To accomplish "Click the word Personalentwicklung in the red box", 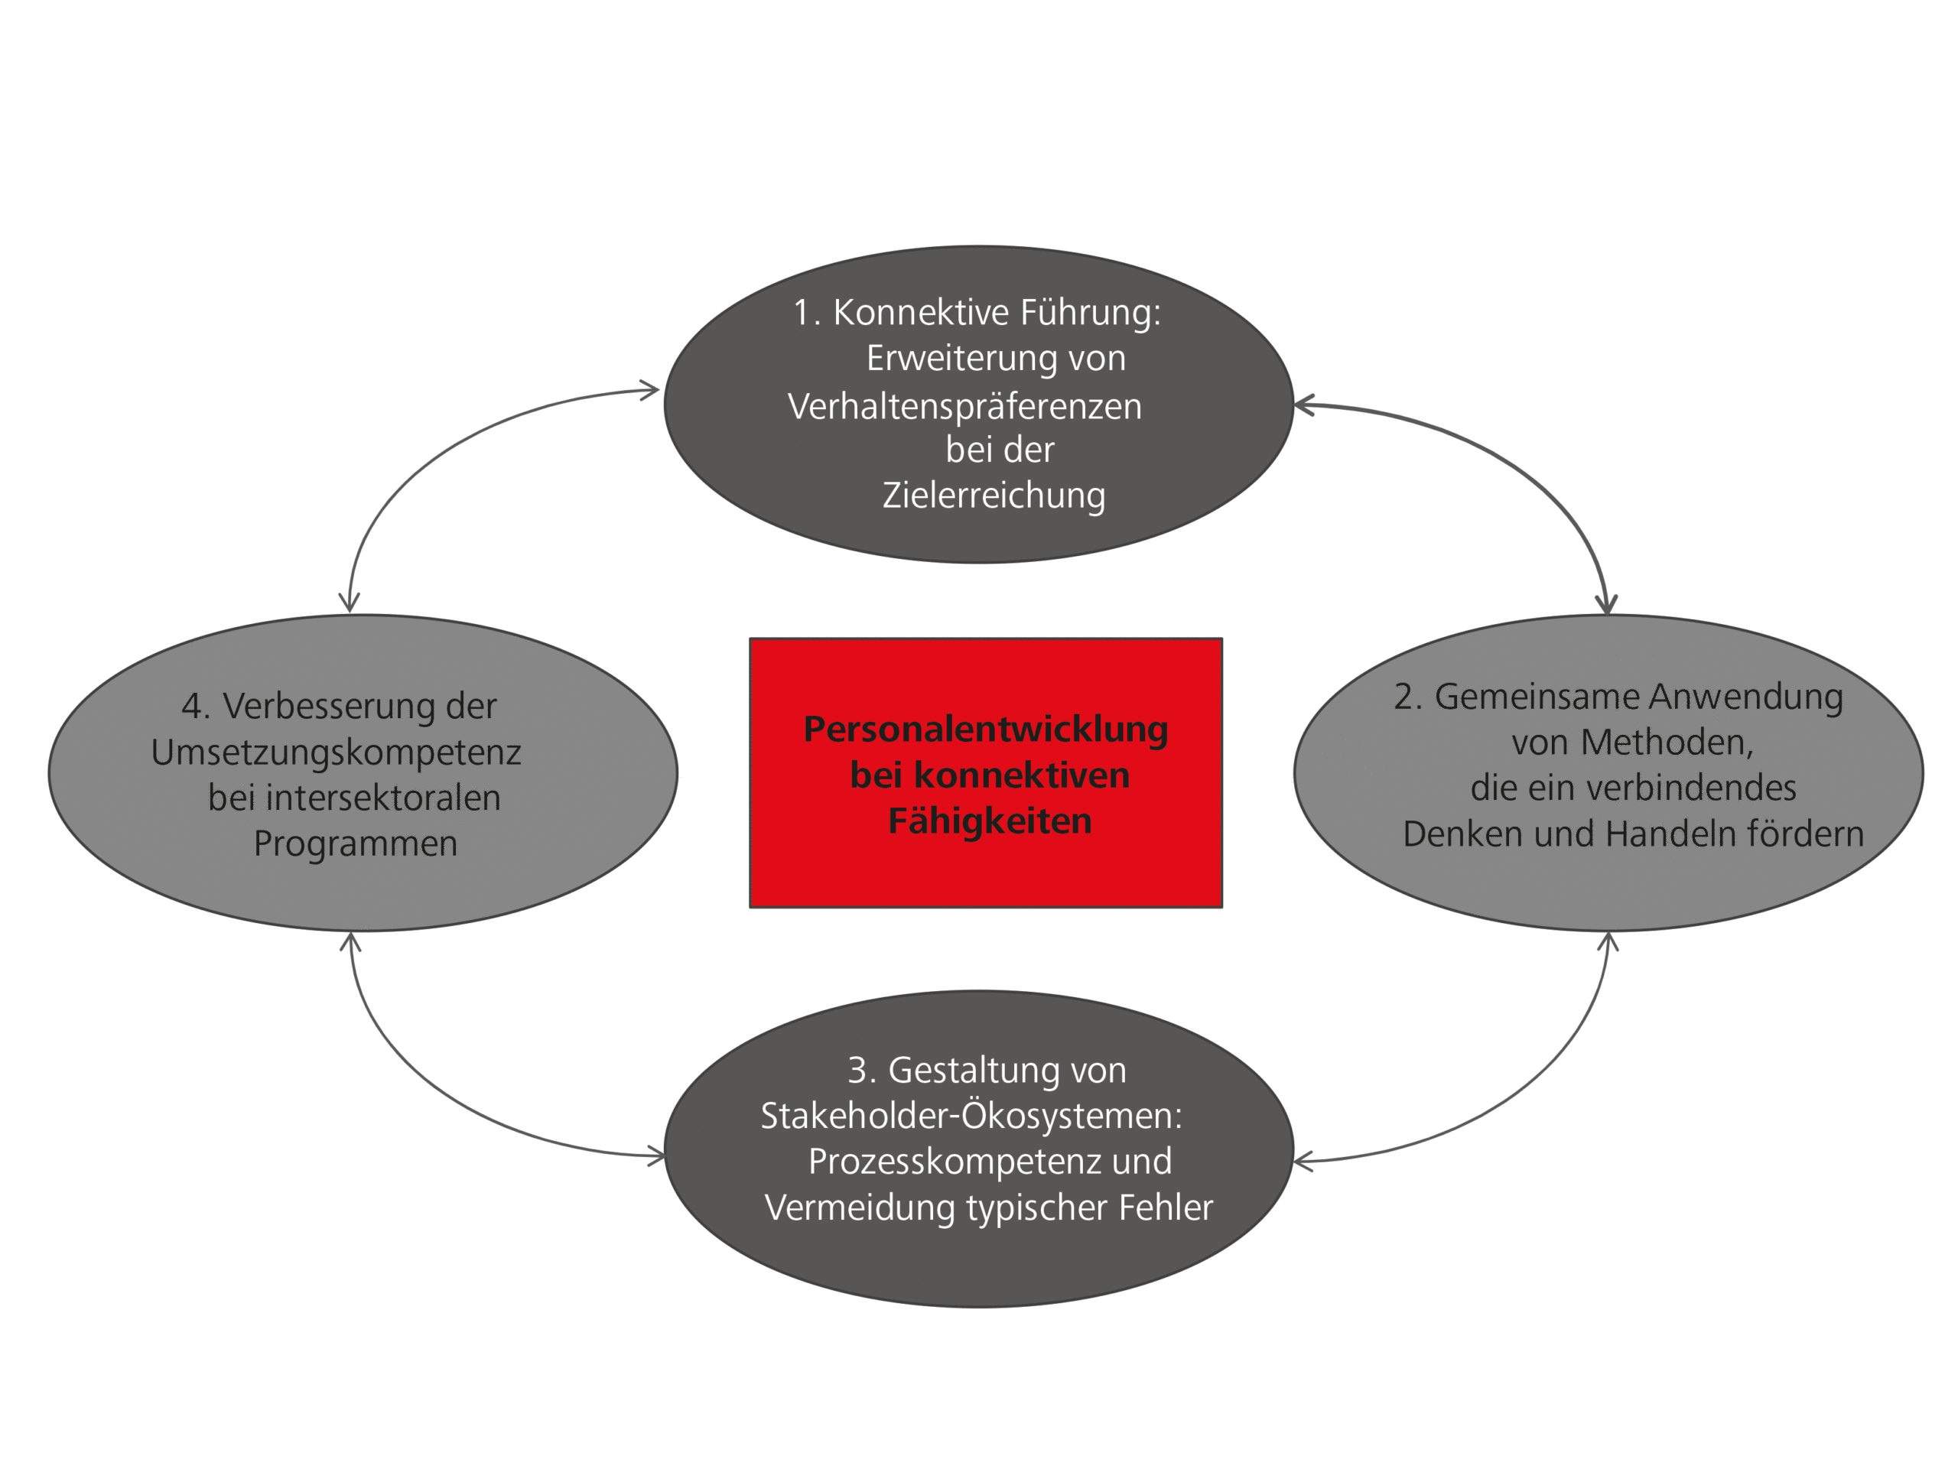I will [985, 730].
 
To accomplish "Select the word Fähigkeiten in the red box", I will [990, 821].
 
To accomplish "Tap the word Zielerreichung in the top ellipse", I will [994, 496].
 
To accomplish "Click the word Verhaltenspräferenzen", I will [964, 407].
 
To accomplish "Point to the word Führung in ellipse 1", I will [1090, 314].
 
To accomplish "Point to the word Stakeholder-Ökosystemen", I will [971, 1116].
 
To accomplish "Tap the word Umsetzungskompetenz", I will [336, 753].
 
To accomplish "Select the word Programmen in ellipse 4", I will [355, 844].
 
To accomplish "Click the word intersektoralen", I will [382, 798].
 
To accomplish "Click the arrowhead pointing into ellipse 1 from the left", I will [652, 390].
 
